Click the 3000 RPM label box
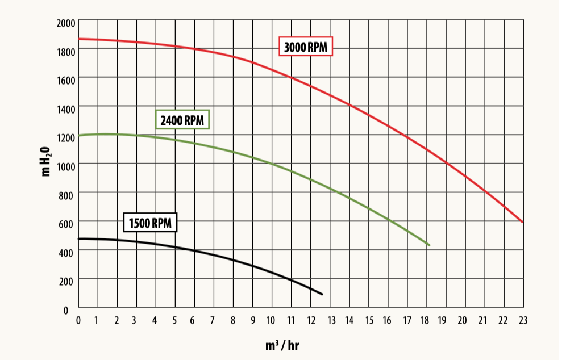coord(306,47)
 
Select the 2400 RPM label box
coord(183,120)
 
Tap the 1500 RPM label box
coord(150,223)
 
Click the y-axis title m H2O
coord(48,161)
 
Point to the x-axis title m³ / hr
coord(281,345)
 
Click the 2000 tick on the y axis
coord(66,23)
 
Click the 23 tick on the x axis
coord(523,321)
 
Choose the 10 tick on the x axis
coord(271,321)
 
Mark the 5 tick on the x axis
coord(174,321)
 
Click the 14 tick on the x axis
coord(349,321)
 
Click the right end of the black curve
coord(322,294)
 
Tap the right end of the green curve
coord(429,245)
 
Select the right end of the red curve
coord(523,222)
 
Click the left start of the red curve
coord(78,39)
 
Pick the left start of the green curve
coord(78,136)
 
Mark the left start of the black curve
coord(78,238)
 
